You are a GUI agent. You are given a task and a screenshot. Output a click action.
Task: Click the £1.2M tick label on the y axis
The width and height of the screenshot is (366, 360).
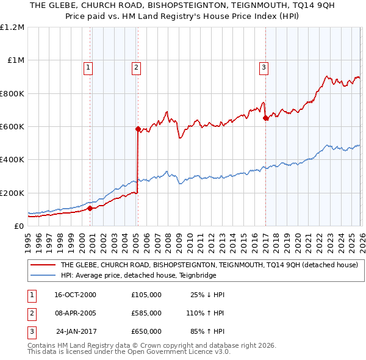[12, 27]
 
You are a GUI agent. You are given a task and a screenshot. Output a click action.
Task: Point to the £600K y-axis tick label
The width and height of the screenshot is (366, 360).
[12, 127]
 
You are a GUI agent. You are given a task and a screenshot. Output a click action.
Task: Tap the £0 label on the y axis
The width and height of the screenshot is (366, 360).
[18, 226]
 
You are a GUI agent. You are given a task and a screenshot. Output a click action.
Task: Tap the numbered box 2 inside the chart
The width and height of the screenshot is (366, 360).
[136, 68]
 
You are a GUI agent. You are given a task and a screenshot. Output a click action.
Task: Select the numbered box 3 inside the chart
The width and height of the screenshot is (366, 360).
[264, 68]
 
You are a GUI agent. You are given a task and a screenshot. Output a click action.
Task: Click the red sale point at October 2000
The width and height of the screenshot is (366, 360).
[90, 208]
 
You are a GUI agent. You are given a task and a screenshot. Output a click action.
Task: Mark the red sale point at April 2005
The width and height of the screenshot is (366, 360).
[138, 129]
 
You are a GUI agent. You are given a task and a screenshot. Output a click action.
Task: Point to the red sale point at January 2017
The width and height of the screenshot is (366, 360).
[265, 118]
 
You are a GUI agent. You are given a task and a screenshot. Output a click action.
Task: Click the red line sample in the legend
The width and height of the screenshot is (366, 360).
[43, 264]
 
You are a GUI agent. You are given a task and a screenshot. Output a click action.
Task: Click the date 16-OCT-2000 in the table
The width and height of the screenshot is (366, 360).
[76, 295]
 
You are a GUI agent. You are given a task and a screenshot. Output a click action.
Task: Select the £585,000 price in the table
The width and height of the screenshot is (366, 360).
[146, 313]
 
